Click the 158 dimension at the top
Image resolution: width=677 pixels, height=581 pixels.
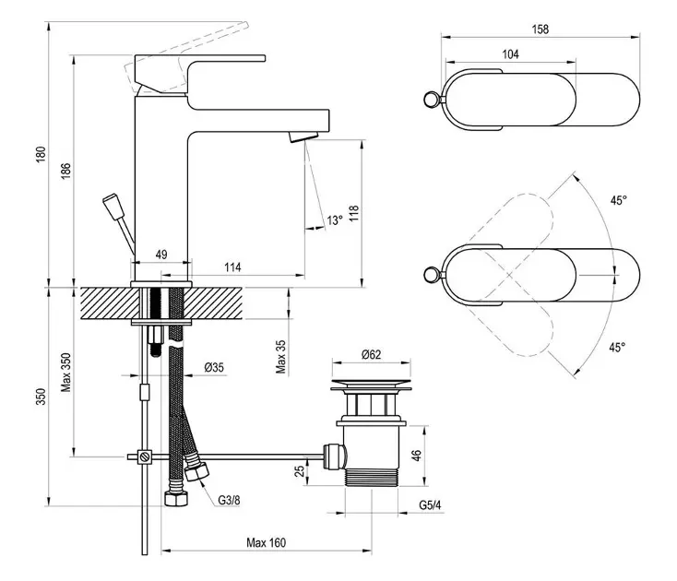point(540,30)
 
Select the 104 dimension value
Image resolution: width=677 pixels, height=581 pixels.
point(510,54)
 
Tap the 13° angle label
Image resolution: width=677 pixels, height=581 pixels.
point(334,219)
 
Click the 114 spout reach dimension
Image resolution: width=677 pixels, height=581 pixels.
point(232,267)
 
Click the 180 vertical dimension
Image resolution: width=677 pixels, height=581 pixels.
point(40,157)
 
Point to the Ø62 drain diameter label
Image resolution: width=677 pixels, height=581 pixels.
point(373,353)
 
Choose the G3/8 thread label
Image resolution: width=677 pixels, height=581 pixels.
point(230,501)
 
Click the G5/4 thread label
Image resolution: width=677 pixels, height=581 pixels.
point(430,504)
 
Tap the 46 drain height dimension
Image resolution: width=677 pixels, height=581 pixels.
point(415,455)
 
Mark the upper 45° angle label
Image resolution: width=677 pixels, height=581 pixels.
point(617,199)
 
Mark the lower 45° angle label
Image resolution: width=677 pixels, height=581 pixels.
point(617,347)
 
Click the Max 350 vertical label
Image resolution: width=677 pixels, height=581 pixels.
point(65,372)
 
